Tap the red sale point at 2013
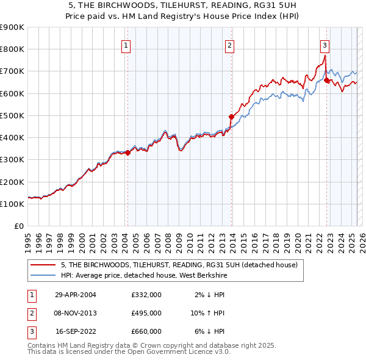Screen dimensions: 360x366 pos(231,117)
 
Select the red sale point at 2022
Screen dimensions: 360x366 pos(327,80)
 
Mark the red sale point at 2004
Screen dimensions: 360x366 pos(128,153)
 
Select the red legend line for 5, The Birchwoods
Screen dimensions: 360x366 pos(43,265)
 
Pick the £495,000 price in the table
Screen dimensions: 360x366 pos(146,313)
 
